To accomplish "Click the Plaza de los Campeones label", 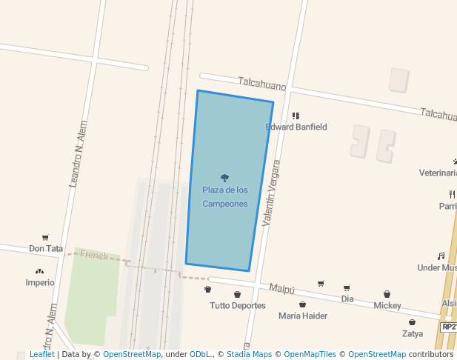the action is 225,196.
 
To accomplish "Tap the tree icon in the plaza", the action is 225,178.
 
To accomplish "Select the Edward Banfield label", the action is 296,127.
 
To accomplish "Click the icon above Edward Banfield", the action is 296,116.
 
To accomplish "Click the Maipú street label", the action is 282,288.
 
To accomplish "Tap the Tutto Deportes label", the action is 238,305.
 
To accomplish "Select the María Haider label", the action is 303,316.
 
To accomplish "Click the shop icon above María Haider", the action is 302,304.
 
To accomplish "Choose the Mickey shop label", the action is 387,305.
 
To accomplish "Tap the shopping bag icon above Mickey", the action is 387,294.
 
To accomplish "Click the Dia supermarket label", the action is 347,299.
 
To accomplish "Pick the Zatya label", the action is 413,333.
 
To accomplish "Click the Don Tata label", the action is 46,249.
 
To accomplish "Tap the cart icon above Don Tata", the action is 45,238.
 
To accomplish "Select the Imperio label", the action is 40,282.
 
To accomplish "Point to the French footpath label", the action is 94,256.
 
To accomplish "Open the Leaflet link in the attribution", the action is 41,354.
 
